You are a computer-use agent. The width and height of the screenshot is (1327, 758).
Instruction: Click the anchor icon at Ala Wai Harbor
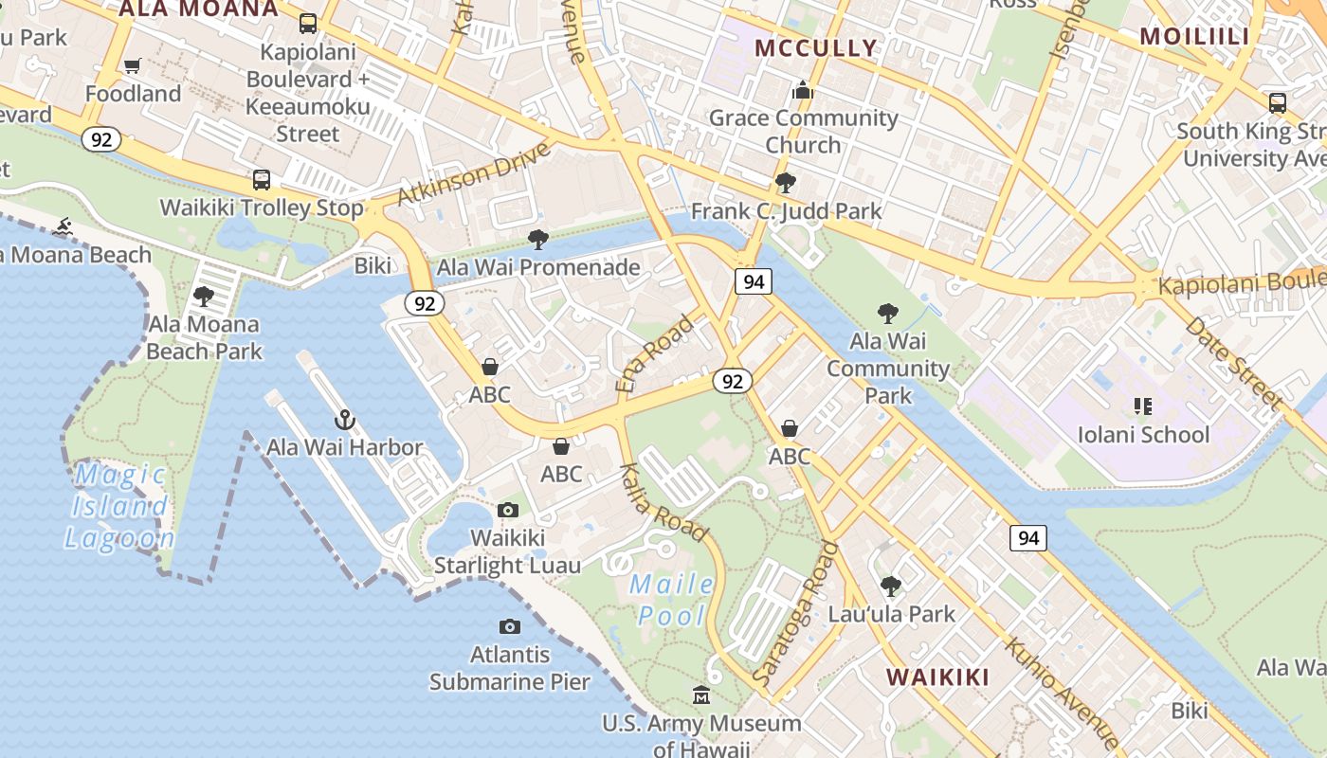click(345, 420)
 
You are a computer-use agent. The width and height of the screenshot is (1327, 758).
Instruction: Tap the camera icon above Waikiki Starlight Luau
click(508, 511)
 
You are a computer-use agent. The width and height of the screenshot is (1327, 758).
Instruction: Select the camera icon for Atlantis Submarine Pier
click(510, 626)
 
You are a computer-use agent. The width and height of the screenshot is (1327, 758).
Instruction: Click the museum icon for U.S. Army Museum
click(701, 696)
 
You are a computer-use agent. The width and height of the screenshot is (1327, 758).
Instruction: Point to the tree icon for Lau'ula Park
click(890, 587)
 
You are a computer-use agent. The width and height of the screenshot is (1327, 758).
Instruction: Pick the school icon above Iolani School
click(1143, 406)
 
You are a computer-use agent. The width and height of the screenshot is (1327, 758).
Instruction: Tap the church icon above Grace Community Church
click(804, 91)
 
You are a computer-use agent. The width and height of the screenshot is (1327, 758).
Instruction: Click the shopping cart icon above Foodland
click(133, 66)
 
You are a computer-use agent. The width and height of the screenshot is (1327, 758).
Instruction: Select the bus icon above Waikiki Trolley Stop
click(261, 179)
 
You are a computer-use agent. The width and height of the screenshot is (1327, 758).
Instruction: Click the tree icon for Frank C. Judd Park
click(785, 183)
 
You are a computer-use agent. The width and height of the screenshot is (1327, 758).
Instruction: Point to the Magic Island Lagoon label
click(120, 506)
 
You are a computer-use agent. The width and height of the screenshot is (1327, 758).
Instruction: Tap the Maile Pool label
click(673, 600)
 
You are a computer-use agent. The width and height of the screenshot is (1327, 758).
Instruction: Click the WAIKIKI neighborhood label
click(937, 677)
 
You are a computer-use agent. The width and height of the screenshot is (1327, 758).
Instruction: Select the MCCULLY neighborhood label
click(816, 47)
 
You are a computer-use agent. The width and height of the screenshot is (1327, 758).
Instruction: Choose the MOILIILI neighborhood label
click(1194, 36)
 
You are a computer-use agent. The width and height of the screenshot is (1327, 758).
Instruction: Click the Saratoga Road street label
click(794, 614)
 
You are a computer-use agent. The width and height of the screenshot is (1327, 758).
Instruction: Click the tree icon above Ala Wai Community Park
click(888, 313)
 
